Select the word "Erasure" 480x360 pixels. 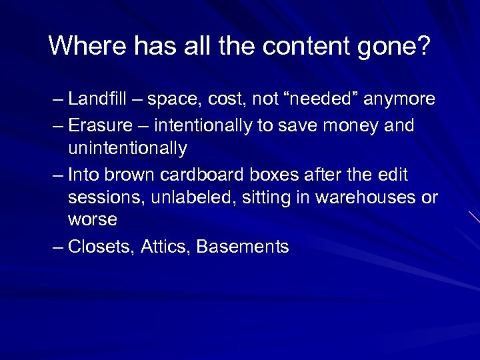click(101, 125)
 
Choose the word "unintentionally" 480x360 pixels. click(127, 147)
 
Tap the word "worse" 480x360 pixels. click(93, 220)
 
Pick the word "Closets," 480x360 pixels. click(102, 247)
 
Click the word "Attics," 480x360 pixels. click(166, 247)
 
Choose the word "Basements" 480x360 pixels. click(243, 247)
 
